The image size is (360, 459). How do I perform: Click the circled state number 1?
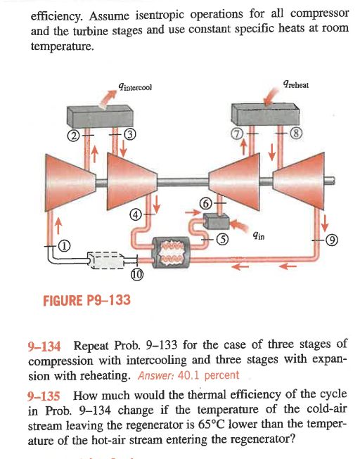(x=65, y=246)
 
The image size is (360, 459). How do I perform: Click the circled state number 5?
(x=221, y=238)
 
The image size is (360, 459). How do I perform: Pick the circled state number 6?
(x=206, y=202)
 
